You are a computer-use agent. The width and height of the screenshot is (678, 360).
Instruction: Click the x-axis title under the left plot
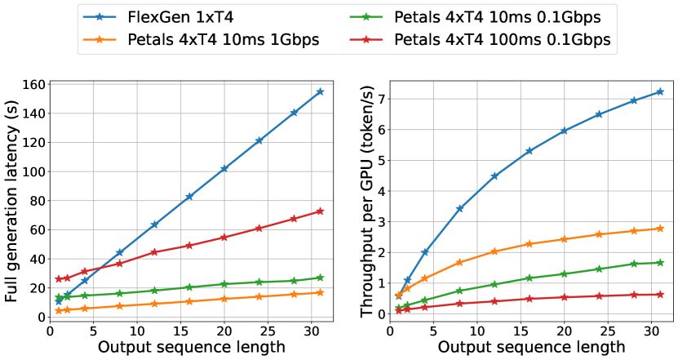point(192,347)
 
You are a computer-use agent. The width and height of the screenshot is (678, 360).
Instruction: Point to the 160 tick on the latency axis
point(31,85)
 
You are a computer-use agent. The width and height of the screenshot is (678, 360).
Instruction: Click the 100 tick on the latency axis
point(31,172)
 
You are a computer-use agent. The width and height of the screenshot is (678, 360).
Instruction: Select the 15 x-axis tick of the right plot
point(521,327)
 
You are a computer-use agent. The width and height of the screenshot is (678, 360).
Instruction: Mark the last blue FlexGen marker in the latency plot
point(320,91)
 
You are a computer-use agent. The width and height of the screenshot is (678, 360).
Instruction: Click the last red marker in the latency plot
point(320,211)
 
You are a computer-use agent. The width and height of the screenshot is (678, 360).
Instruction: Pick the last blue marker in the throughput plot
point(660,91)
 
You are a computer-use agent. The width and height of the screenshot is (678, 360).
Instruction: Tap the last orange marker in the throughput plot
point(660,229)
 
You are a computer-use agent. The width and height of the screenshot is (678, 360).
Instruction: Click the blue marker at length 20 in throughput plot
point(564,131)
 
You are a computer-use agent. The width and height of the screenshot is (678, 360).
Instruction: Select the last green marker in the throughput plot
point(660,263)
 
